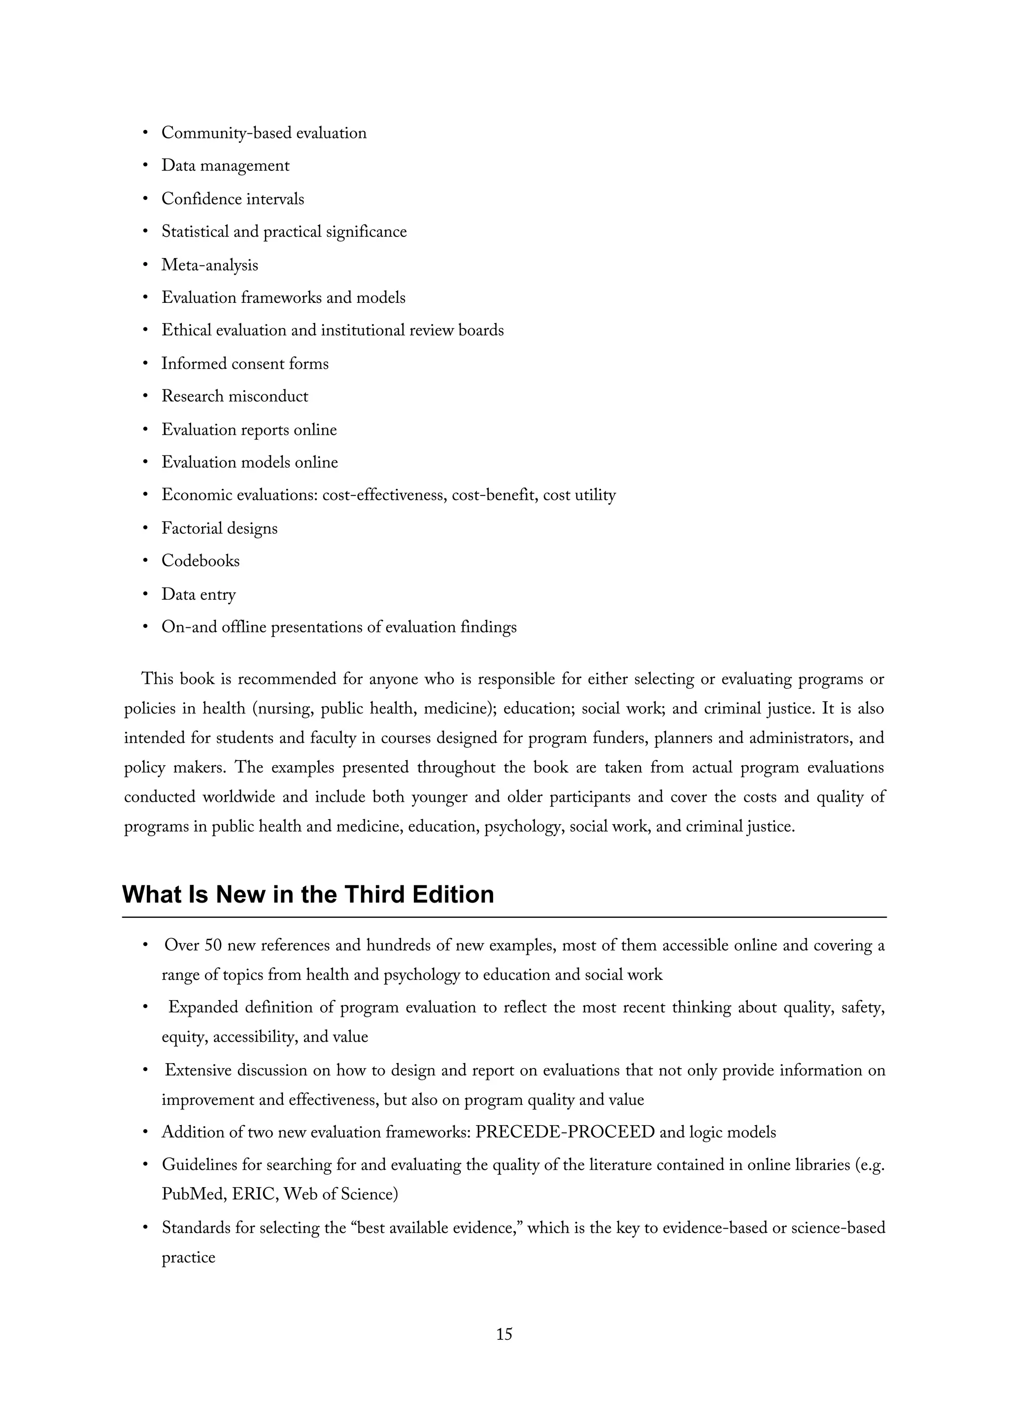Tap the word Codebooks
pyautogui.click(x=200, y=560)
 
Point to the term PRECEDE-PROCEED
pyautogui.click(x=565, y=1132)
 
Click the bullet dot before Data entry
pyautogui.click(x=145, y=594)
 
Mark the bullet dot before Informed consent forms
pyautogui.click(x=145, y=363)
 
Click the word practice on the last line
pyautogui.click(x=188, y=1257)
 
